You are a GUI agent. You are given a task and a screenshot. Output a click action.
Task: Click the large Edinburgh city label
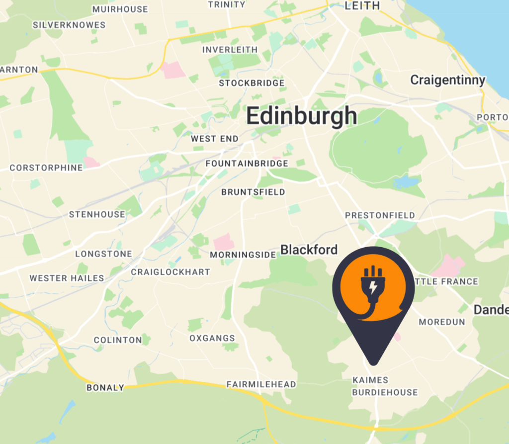point(301,116)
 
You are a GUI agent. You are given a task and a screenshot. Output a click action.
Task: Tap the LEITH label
point(362,5)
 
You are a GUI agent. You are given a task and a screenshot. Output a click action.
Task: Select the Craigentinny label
point(447,80)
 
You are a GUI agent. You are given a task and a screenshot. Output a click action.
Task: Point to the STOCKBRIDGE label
point(252,83)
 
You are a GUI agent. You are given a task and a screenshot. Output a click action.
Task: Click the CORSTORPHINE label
point(46,168)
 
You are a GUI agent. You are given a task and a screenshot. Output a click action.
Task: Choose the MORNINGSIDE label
point(243,255)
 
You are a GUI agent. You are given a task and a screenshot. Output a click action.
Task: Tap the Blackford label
point(309,250)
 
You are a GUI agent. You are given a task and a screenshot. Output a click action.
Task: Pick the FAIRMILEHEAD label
point(261,384)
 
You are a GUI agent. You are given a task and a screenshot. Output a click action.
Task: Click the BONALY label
point(105,387)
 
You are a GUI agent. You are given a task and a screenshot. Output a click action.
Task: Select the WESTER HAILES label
point(67,278)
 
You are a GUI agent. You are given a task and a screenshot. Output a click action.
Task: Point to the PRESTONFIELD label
point(380,215)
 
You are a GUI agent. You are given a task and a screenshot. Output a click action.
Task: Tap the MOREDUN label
point(442,322)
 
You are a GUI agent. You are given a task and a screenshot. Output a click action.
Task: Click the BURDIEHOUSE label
point(385,392)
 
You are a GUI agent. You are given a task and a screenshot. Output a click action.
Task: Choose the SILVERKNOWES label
point(69,24)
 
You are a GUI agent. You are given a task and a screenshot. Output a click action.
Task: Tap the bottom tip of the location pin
point(373,363)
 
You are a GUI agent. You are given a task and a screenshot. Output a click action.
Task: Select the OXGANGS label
point(212,338)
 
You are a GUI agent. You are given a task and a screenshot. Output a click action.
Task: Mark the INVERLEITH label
point(230,50)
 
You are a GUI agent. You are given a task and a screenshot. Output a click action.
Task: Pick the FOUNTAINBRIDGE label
point(247,164)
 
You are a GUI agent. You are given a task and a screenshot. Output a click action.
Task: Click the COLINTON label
point(118,340)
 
